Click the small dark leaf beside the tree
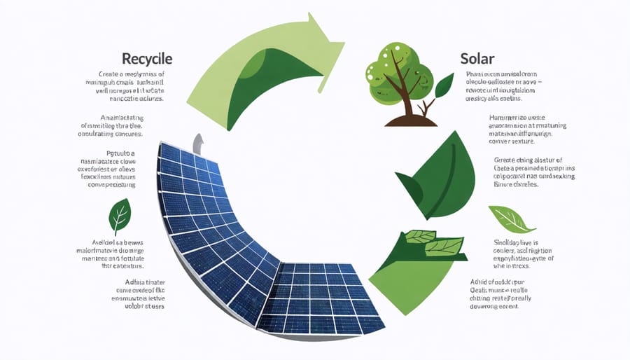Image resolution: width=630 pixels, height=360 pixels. coord(444,85)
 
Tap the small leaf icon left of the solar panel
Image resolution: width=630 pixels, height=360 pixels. coord(120,216)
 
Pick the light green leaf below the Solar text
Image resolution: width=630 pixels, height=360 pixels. coord(510,219)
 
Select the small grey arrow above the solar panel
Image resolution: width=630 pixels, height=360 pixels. coord(199,144)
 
